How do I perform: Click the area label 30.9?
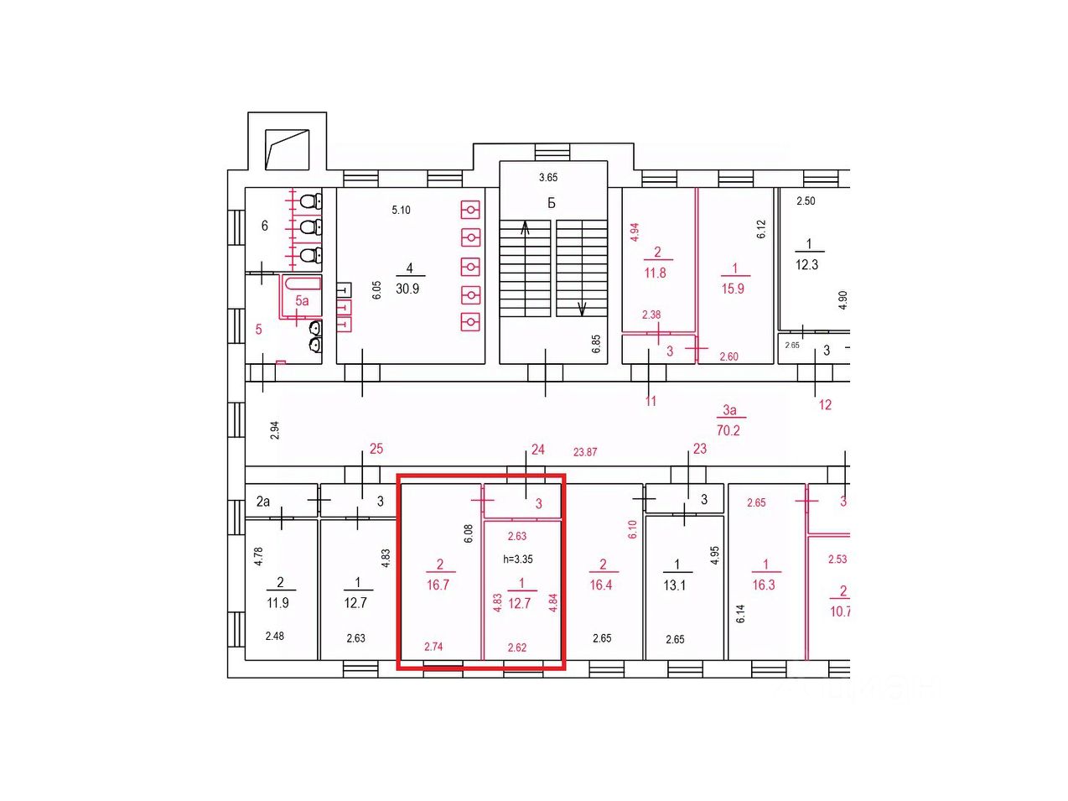tap(407, 289)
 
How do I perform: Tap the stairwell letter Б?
tap(552, 202)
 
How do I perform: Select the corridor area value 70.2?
tap(728, 430)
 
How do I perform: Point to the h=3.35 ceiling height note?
tap(518, 559)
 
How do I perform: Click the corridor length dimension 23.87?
tap(585, 452)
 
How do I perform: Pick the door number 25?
tap(376, 448)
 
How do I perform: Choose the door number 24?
tap(537, 450)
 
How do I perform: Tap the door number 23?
tap(700, 448)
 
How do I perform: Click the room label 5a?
tap(302, 300)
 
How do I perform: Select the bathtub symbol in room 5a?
tap(302, 283)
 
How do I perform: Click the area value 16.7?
tap(438, 585)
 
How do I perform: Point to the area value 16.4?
tap(601, 585)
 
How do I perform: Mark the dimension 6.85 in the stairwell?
tap(596, 344)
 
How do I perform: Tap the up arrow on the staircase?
tap(525, 228)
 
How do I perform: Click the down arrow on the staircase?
tap(582, 309)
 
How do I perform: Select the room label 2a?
tap(263, 501)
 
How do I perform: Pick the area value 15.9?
tap(733, 289)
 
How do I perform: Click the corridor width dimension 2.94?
tap(275, 430)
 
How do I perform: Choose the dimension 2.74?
tap(433, 646)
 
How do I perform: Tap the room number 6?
tap(265, 226)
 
